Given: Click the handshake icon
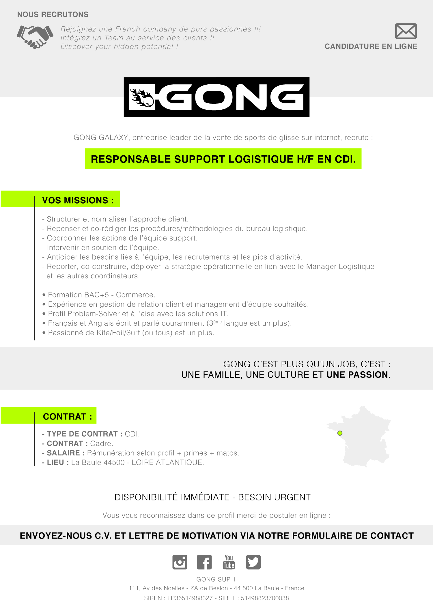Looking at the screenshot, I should click(x=35, y=37).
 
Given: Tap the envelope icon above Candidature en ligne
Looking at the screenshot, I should click(x=406, y=31).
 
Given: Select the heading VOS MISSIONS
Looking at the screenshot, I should click(x=78, y=200).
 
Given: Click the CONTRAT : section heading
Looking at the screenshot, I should click(x=67, y=416).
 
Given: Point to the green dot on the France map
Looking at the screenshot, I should click(x=340, y=433).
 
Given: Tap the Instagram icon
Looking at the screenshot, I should click(x=180, y=562).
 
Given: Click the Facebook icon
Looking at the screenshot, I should click(x=204, y=562).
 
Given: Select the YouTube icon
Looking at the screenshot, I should click(x=229, y=562).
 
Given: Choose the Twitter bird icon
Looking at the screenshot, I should click(x=253, y=562).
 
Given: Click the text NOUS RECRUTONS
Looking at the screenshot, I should click(x=53, y=14).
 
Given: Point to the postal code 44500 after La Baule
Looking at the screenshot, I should click(x=114, y=462).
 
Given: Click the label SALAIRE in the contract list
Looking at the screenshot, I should click(x=63, y=453).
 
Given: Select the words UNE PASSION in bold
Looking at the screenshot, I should click(x=357, y=374).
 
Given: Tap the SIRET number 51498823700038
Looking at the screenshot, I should click(x=265, y=598).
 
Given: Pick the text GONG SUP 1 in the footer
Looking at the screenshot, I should click(x=216, y=579).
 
